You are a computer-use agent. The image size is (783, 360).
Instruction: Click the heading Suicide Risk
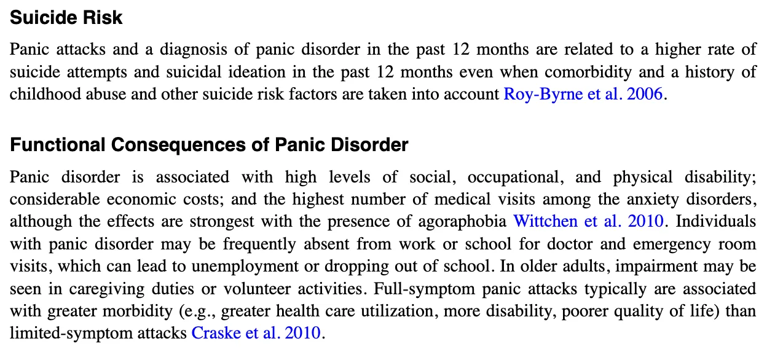tap(66, 18)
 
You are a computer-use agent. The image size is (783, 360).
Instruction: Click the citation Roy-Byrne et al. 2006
tap(583, 95)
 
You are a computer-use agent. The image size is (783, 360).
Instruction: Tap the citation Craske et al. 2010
tap(256, 334)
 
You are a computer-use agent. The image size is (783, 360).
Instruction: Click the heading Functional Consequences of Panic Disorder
tap(209, 146)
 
